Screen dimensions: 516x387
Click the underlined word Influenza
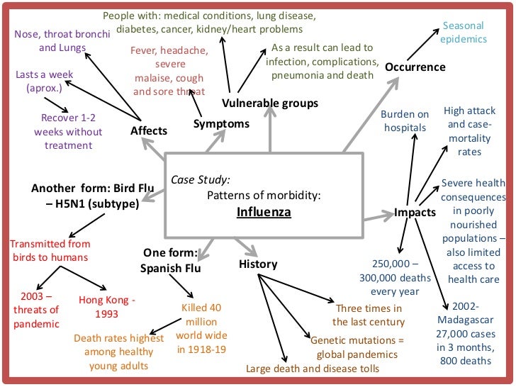(x=264, y=212)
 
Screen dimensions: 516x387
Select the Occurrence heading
(x=415, y=67)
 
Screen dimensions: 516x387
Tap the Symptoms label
(x=221, y=124)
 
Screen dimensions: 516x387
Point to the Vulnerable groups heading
(x=269, y=103)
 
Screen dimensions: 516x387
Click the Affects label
(x=149, y=130)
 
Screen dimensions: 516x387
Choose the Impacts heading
(x=415, y=212)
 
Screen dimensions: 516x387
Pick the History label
(x=258, y=264)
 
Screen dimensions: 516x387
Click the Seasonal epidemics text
(x=464, y=32)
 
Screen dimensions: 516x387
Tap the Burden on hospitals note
(x=405, y=120)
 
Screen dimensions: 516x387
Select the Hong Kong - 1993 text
(x=107, y=306)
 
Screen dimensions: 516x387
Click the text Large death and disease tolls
(x=313, y=369)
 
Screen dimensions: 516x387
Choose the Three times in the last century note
(x=369, y=314)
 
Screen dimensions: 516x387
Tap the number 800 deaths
(x=464, y=361)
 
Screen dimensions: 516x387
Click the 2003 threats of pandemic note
(x=36, y=309)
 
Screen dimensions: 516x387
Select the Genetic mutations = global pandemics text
(x=357, y=347)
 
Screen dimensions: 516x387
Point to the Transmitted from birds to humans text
(x=50, y=250)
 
